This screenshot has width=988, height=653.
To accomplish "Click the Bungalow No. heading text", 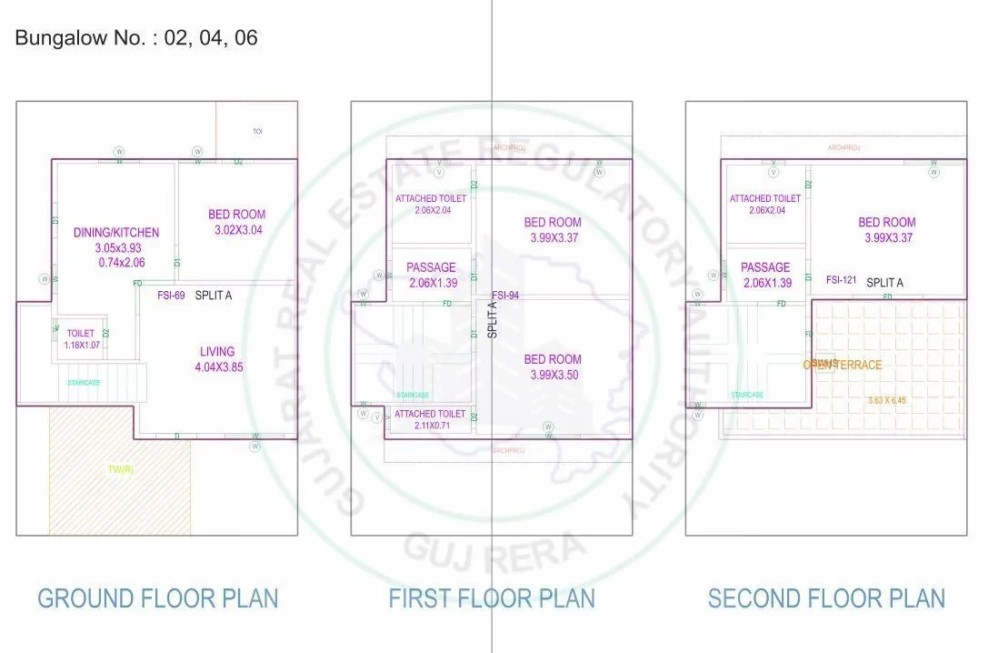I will point(137,39).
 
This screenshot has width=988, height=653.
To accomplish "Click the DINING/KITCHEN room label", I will point(115,233).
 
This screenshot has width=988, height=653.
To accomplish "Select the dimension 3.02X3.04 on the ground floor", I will point(236,230).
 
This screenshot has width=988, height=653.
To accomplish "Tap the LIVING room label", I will point(217,352).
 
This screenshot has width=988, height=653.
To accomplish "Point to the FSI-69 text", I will point(171,296).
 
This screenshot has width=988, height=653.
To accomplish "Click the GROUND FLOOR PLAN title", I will point(157,598).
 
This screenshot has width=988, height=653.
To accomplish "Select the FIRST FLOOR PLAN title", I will point(492,598).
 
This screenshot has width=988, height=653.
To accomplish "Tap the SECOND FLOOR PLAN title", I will point(826,598).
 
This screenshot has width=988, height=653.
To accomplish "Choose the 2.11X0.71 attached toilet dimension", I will point(431,426).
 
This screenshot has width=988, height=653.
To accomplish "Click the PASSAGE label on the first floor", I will point(431,267).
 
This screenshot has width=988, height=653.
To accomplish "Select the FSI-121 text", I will point(842,281).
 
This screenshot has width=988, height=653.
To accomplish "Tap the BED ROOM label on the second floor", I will point(886,222).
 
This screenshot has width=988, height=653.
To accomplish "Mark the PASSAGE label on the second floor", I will point(765,267).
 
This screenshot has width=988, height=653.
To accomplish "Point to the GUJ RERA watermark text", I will point(493,548).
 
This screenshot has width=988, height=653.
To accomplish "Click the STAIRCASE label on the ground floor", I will point(84,383).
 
